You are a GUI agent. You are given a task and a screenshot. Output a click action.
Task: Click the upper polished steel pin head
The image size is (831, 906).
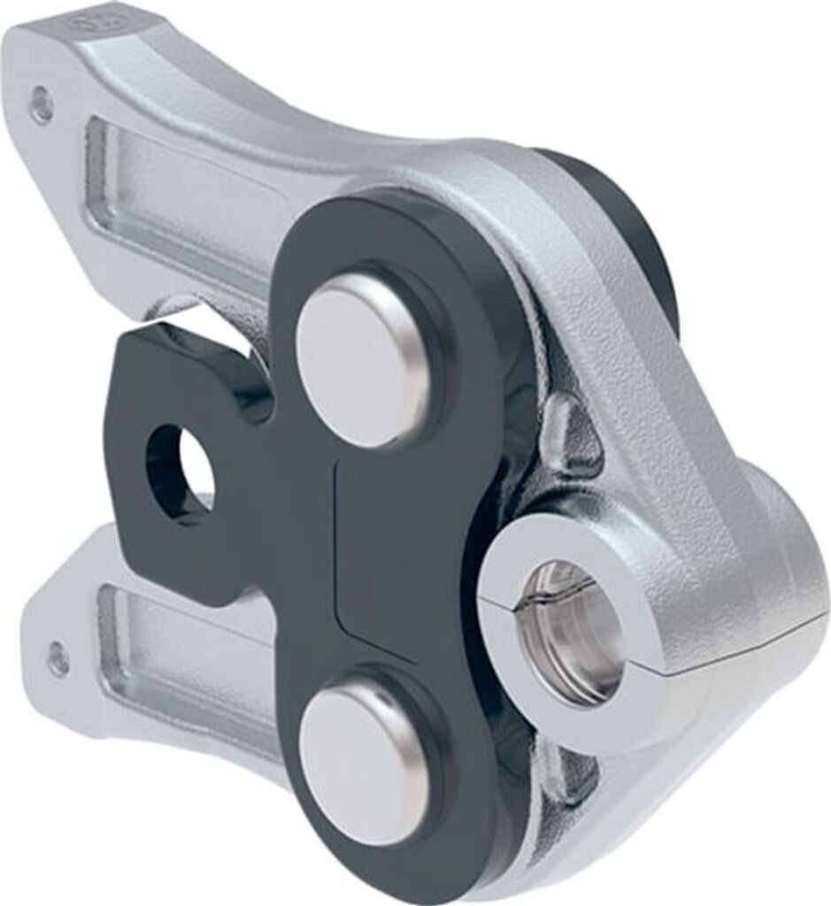pyautogui.click(x=363, y=358)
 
